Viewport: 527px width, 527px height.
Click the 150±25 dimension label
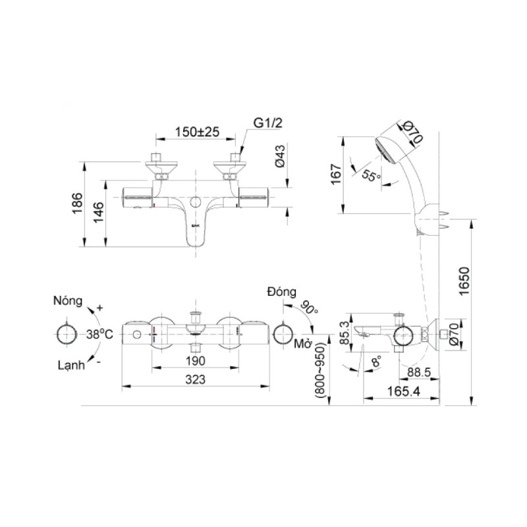197,132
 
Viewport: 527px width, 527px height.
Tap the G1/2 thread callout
267,123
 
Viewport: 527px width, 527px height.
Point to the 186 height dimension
77,203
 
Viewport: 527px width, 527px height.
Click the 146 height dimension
98,212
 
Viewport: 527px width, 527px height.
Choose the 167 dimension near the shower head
336,174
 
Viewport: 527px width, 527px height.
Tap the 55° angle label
372,175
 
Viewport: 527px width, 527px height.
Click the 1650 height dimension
464,281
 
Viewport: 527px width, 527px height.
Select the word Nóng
68,301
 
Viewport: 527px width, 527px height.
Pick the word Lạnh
71,365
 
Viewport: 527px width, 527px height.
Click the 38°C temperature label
99,335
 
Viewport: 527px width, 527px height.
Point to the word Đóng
282,292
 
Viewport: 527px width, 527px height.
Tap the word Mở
302,344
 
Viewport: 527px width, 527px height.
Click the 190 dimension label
195,361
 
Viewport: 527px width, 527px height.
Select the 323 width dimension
195,379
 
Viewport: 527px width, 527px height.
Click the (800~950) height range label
320,370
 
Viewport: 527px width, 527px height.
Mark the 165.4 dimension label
404,391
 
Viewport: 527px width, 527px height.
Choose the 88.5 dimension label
419,372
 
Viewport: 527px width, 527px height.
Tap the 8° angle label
377,362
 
